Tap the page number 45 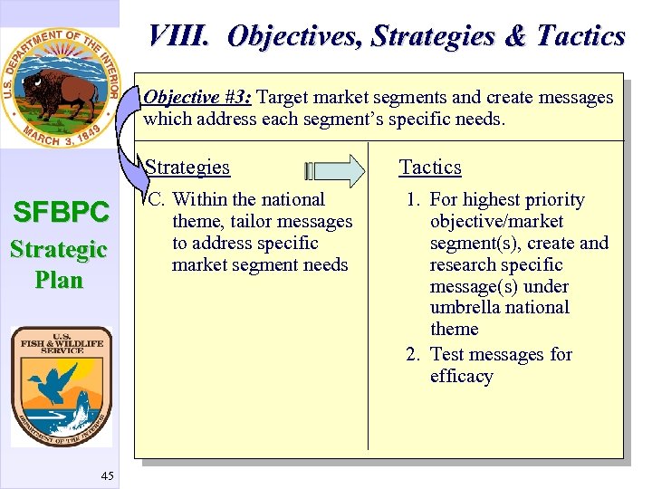click(x=108, y=476)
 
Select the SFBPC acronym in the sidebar click(x=60, y=214)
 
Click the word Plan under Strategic click(x=59, y=280)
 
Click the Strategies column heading click(x=187, y=168)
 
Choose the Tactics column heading click(x=430, y=168)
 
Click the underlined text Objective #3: click(x=197, y=98)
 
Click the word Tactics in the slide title click(x=580, y=36)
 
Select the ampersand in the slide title click(x=514, y=36)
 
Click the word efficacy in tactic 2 click(x=461, y=377)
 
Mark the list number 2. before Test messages click(x=413, y=355)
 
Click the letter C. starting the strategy click(x=156, y=200)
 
